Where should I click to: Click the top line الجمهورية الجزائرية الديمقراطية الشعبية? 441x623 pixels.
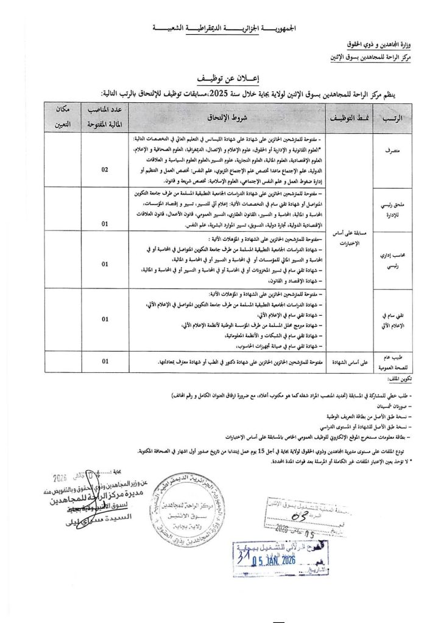pos(221,28)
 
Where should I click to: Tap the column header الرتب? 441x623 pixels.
pos(390,118)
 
